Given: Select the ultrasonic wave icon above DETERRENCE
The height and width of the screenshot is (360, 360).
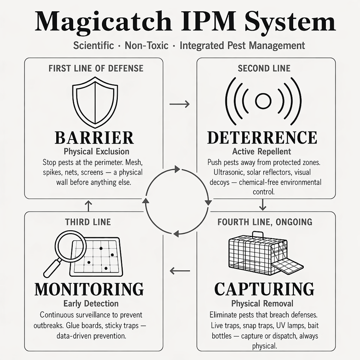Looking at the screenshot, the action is click(x=263, y=101).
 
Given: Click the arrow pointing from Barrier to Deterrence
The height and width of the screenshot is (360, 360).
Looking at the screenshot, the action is click(x=180, y=104).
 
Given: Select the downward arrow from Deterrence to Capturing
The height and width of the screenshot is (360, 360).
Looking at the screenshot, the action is click(x=262, y=205).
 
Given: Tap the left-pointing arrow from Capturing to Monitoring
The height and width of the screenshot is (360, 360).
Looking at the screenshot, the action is click(x=180, y=271).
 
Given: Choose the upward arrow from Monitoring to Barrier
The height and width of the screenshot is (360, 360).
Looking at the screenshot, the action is click(x=88, y=206).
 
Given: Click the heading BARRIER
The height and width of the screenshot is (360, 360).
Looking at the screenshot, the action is click(x=94, y=138).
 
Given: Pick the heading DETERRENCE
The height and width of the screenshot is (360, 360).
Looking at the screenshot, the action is click(x=262, y=138).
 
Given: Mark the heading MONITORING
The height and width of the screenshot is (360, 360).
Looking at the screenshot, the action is click(x=89, y=289).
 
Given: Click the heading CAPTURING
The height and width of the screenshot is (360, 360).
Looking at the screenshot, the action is click(x=264, y=289).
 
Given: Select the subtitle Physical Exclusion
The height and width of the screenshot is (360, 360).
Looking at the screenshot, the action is click(x=96, y=151).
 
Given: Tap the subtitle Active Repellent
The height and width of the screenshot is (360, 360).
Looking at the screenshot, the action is click(x=262, y=151).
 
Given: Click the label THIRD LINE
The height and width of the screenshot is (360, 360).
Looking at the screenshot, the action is click(x=88, y=222).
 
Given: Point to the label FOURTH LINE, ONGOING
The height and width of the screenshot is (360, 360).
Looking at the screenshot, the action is click(x=265, y=222).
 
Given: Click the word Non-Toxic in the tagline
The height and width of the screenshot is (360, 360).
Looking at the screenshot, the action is click(x=147, y=45).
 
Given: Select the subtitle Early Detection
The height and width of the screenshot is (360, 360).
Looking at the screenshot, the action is click(x=91, y=303).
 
